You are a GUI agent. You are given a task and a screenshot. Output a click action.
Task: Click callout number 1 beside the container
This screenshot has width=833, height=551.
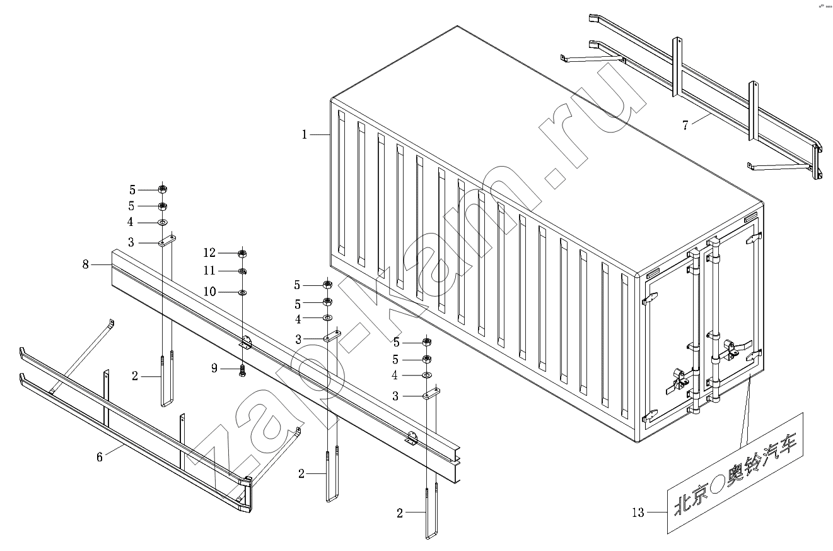click(304, 134)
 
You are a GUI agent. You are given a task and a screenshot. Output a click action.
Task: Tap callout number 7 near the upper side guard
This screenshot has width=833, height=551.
click(685, 124)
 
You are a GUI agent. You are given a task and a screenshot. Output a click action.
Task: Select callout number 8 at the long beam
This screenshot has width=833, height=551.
click(86, 264)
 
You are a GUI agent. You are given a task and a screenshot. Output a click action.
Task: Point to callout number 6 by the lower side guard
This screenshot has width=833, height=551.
click(100, 456)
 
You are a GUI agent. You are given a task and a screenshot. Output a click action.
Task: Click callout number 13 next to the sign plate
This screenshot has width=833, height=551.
click(638, 512)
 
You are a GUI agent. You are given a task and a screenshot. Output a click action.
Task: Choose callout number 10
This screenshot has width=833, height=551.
click(209, 292)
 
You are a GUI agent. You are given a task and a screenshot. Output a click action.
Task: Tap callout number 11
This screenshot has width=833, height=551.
click(209, 271)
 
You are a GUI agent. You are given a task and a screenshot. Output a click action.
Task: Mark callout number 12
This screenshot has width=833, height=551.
click(209, 253)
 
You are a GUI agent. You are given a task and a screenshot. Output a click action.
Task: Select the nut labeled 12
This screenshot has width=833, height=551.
click(242, 254)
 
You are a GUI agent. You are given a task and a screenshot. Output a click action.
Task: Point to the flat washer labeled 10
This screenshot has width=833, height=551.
click(242, 293)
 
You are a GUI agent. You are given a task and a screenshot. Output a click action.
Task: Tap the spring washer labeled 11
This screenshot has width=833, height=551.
click(242, 271)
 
